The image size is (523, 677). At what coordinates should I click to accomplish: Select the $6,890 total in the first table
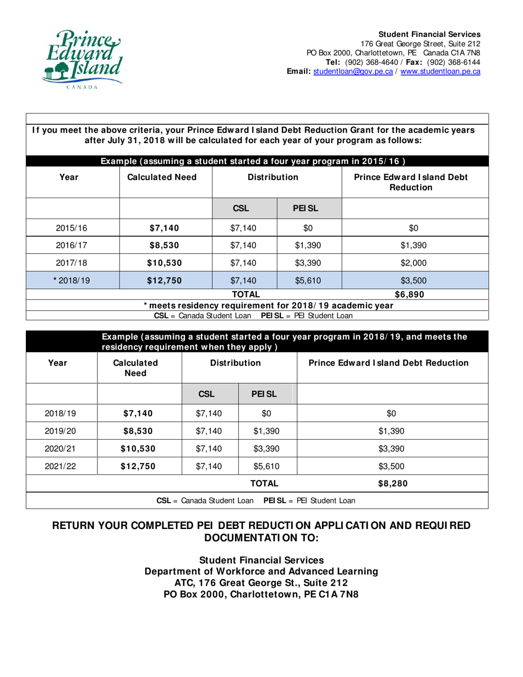414,293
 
